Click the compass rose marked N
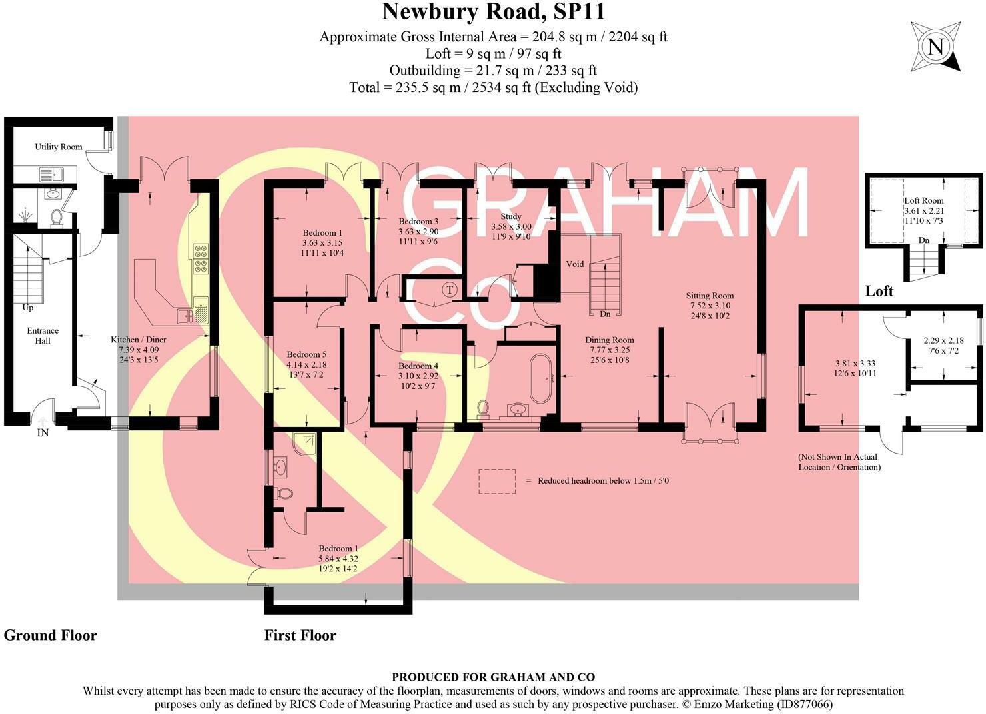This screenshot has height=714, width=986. (x=935, y=47)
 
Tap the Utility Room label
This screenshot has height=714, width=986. (x=59, y=147)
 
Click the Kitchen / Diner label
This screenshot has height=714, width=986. (x=138, y=340)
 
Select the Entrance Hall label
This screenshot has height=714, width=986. (x=43, y=336)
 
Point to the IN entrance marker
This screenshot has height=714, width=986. (x=43, y=432)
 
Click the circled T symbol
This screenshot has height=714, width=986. (x=450, y=290)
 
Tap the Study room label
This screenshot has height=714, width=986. (x=511, y=216)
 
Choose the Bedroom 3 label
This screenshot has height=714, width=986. (x=418, y=222)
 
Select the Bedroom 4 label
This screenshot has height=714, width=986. (x=418, y=366)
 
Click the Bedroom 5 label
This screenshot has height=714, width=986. (x=306, y=355)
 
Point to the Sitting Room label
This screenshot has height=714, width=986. (x=710, y=296)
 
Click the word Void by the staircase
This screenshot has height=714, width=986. (x=574, y=264)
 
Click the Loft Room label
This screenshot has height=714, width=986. (x=923, y=200)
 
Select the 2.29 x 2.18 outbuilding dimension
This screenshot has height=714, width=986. (x=943, y=340)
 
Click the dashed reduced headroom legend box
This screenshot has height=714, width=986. (x=497, y=481)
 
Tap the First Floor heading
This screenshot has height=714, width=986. (x=300, y=635)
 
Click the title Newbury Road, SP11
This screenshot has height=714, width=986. (x=493, y=12)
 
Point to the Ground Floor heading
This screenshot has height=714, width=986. (x=50, y=635)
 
